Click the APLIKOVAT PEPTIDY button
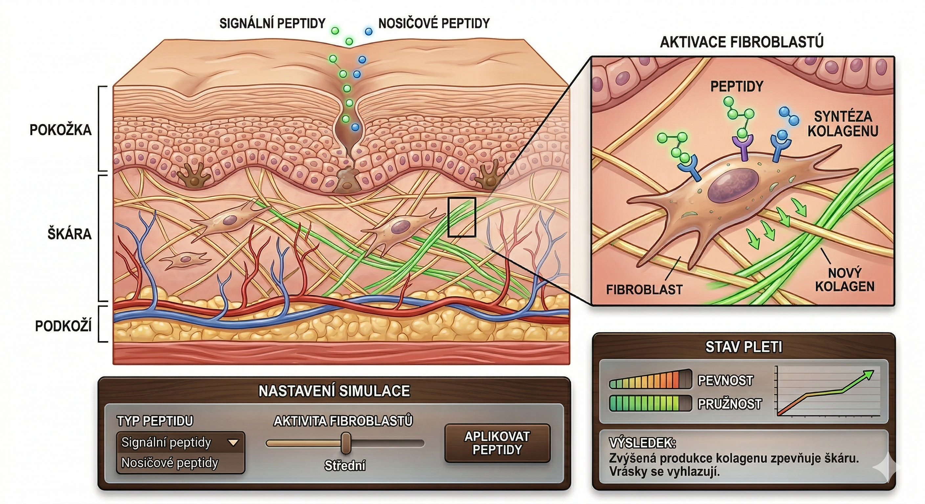(x=497, y=443)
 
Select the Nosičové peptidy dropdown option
(x=169, y=463)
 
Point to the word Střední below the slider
(x=345, y=466)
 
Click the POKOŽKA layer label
(x=60, y=130)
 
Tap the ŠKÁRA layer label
(x=69, y=234)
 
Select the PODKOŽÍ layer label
(x=63, y=326)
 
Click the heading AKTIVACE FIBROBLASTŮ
(x=741, y=42)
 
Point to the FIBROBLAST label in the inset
(x=644, y=289)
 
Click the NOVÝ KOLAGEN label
(x=845, y=280)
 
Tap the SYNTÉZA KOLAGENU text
(x=843, y=124)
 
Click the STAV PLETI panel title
(x=743, y=347)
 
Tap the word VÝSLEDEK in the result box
(x=642, y=443)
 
